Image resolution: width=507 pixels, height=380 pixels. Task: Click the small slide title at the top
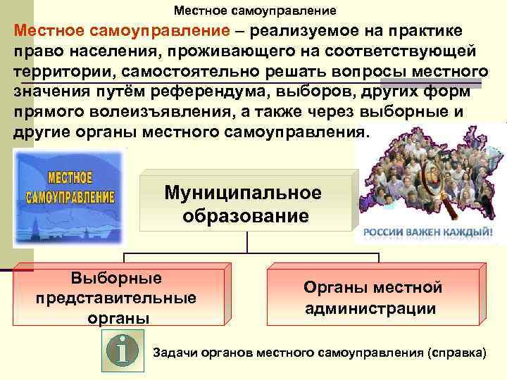tap(256, 11)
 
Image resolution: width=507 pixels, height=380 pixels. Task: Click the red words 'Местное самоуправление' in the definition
tap(122, 31)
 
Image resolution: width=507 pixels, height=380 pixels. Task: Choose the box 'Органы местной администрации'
tap(373, 297)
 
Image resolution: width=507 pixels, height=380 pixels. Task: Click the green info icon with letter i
tap(123, 350)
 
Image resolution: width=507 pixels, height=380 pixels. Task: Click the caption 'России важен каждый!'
tap(428, 233)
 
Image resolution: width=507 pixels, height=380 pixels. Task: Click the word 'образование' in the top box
tap(246, 215)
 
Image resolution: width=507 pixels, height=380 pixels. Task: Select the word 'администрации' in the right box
tap(370, 308)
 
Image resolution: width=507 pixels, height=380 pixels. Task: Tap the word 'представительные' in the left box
tap(116, 298)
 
